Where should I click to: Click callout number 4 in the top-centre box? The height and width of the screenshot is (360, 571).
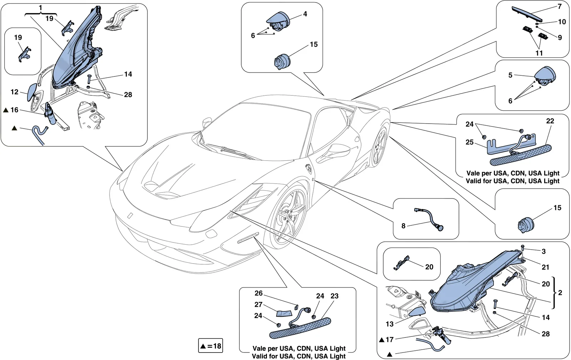(x=305, y=14)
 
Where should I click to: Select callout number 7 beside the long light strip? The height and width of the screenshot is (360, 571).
(x=560, y=6)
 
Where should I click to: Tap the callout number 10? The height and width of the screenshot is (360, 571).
(x=562, y=22)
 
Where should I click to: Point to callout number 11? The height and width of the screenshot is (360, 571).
(x=539, y=53)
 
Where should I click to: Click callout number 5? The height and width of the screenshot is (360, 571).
(x=510, y=75)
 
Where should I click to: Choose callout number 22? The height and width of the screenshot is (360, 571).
(x=550, y=121)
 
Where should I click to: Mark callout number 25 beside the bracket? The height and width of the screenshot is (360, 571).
(x=470, y=142)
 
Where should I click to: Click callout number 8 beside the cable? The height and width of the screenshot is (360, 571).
(x=403, y=226)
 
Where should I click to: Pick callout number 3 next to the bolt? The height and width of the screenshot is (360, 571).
(x=544, y=251)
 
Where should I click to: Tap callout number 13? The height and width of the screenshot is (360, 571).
(x=389, y=324)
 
